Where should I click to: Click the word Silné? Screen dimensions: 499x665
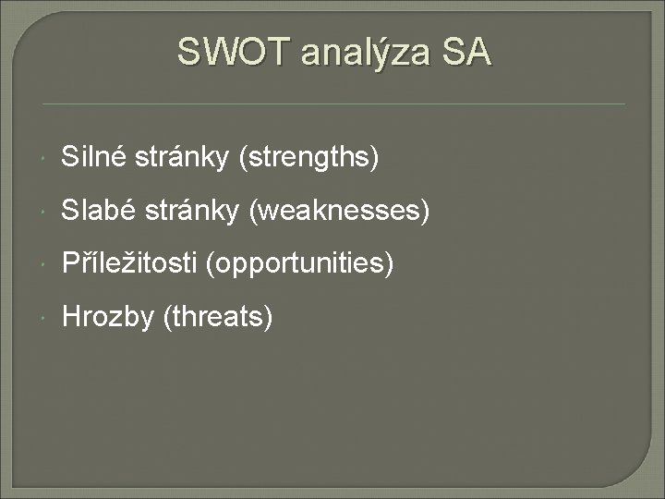(x=88, y=158)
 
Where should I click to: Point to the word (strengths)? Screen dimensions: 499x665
(x=308, y=159)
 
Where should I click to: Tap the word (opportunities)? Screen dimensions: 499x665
(x=301, y=266)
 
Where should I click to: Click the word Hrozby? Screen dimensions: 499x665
(x=108, y=319)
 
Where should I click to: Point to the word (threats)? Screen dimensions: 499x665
(x=218, y=319)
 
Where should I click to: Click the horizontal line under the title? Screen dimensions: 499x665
(x=332, y=103)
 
